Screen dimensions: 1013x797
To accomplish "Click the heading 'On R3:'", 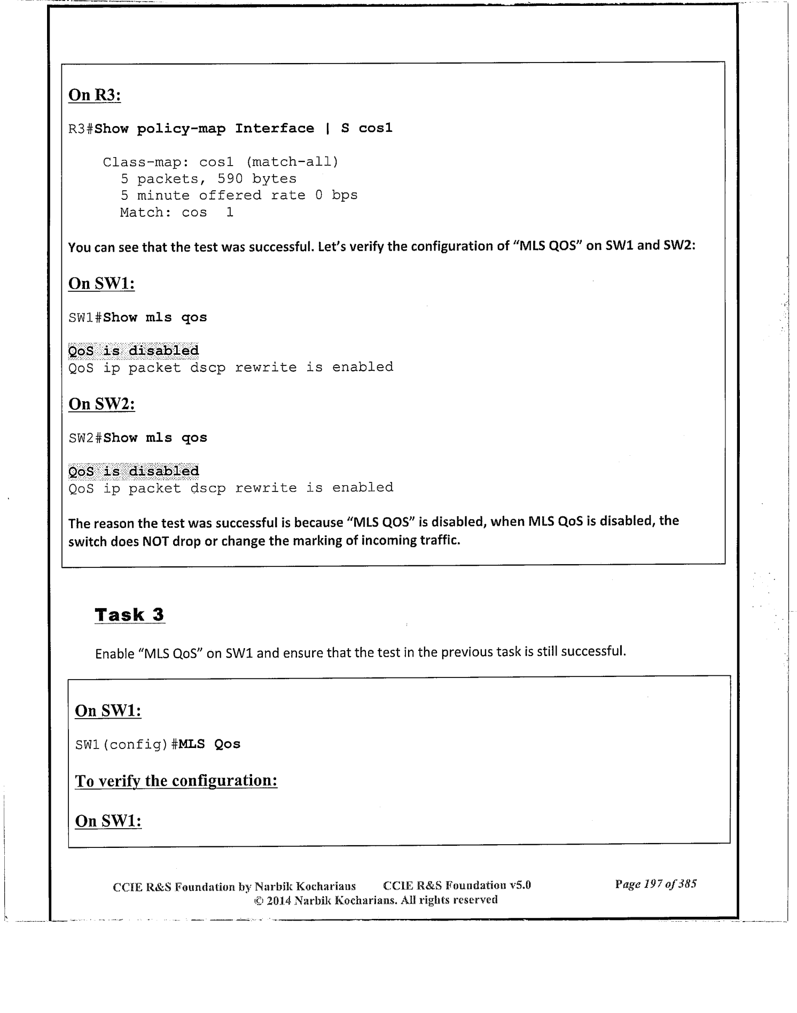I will coord(95,95).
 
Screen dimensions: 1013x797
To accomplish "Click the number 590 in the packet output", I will coord(230,179).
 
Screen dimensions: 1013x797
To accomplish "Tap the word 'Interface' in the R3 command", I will coord(275,129).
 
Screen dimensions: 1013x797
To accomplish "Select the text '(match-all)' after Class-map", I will coord(292,162).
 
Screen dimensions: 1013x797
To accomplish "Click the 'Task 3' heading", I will coord(129,615).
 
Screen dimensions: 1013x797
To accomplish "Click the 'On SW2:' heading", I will coord(101,404).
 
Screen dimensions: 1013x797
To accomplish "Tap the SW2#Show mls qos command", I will coord(138,438).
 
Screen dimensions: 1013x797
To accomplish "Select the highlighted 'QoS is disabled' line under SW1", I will coord(134,351).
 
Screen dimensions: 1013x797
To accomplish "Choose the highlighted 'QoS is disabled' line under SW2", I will coord(134,471).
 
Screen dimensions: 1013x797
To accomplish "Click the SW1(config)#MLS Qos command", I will coord(158,744).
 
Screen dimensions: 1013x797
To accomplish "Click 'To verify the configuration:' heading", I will coord(176,781).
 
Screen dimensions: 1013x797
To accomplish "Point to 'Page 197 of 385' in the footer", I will coord(655,884).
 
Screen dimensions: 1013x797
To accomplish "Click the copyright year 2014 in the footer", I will coord(278,900).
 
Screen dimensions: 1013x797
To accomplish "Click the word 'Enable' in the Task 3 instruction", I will coord(114,654).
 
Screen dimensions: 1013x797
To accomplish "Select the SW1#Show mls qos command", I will coord(138,318).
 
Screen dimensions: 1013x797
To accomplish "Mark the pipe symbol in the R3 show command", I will coord(327,129).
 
